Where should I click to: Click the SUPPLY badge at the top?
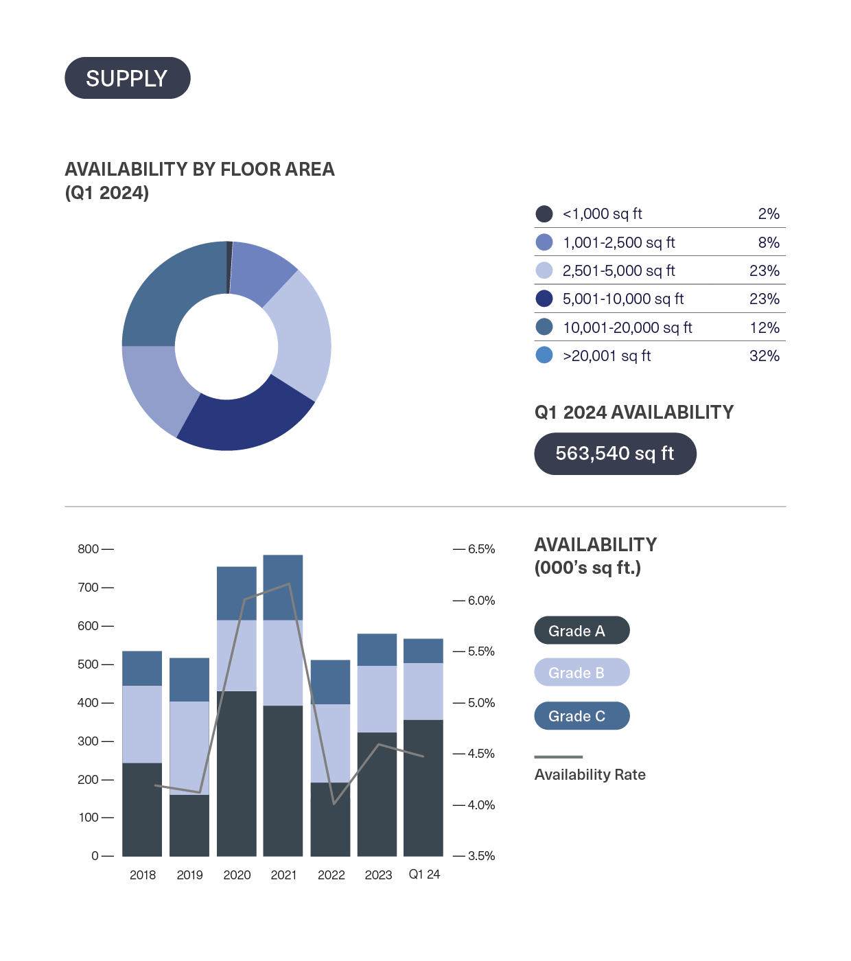click(x=127, y=78)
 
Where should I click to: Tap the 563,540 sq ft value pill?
click(x=615, y=454)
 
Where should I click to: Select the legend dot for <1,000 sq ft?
click(x=544, y=214)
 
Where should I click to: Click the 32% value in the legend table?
click(x=765, y=356)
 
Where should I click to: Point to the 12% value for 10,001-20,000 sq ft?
click(x=765, y=328)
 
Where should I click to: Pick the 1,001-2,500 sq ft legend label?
click(x=618, y=243)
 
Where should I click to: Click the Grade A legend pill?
click(x=581, y=631)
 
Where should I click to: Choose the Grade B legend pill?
click(x=581, y=673)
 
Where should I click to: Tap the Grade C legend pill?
click(x=581, y=716)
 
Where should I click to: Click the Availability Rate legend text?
click(x=590, y=775)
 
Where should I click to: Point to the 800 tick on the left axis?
click(x=89, y=549)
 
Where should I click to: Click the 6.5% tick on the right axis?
click(x=481, y=549)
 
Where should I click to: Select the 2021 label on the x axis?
click(x=283, y=875)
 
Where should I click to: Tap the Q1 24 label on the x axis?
click(x=424, y=875)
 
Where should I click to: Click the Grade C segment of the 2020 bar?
click(x=237, y=593)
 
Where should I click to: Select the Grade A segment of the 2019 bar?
click(x=189, y=825)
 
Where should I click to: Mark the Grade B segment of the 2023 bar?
click(x=377, y=699)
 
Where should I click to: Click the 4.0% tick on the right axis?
click(x=481, y=805)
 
